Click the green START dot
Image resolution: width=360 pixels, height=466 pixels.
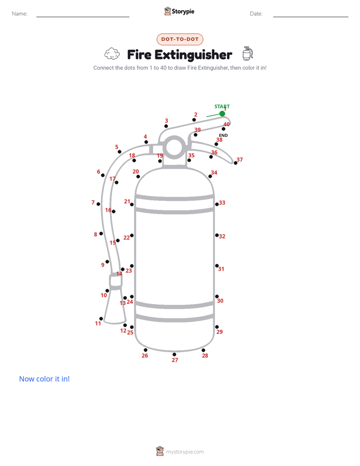click(222, 113)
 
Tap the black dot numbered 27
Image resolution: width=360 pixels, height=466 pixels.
click(174, 354)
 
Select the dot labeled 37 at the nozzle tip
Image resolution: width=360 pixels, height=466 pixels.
click(235, 163)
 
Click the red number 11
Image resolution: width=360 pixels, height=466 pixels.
click(98, 323)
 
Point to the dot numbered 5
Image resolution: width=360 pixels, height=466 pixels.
click(119, 152)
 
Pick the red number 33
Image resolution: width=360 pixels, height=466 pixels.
click(222, 203)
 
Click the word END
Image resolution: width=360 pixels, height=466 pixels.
click(223, 135)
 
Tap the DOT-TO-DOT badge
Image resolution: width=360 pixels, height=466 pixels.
click(180, 39)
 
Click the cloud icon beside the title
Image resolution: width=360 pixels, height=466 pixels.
click(112, 54)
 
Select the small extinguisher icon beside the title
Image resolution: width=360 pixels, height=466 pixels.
click(248, 53)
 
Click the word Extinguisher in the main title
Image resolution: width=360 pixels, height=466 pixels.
click(194, 54)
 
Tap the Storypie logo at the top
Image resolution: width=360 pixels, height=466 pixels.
click(179, 11)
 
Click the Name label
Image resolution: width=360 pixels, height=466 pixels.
click(20, 14)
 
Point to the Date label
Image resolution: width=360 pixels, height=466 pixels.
click(256, 14)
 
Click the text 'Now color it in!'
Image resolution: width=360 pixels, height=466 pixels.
click(44, 379)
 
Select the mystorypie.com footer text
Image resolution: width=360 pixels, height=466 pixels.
click(185, 452)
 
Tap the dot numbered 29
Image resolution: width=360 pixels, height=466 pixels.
click(217, 327)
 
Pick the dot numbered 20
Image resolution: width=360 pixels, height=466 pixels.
click(138, 177)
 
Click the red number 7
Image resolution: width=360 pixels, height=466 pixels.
click(93, 202)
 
